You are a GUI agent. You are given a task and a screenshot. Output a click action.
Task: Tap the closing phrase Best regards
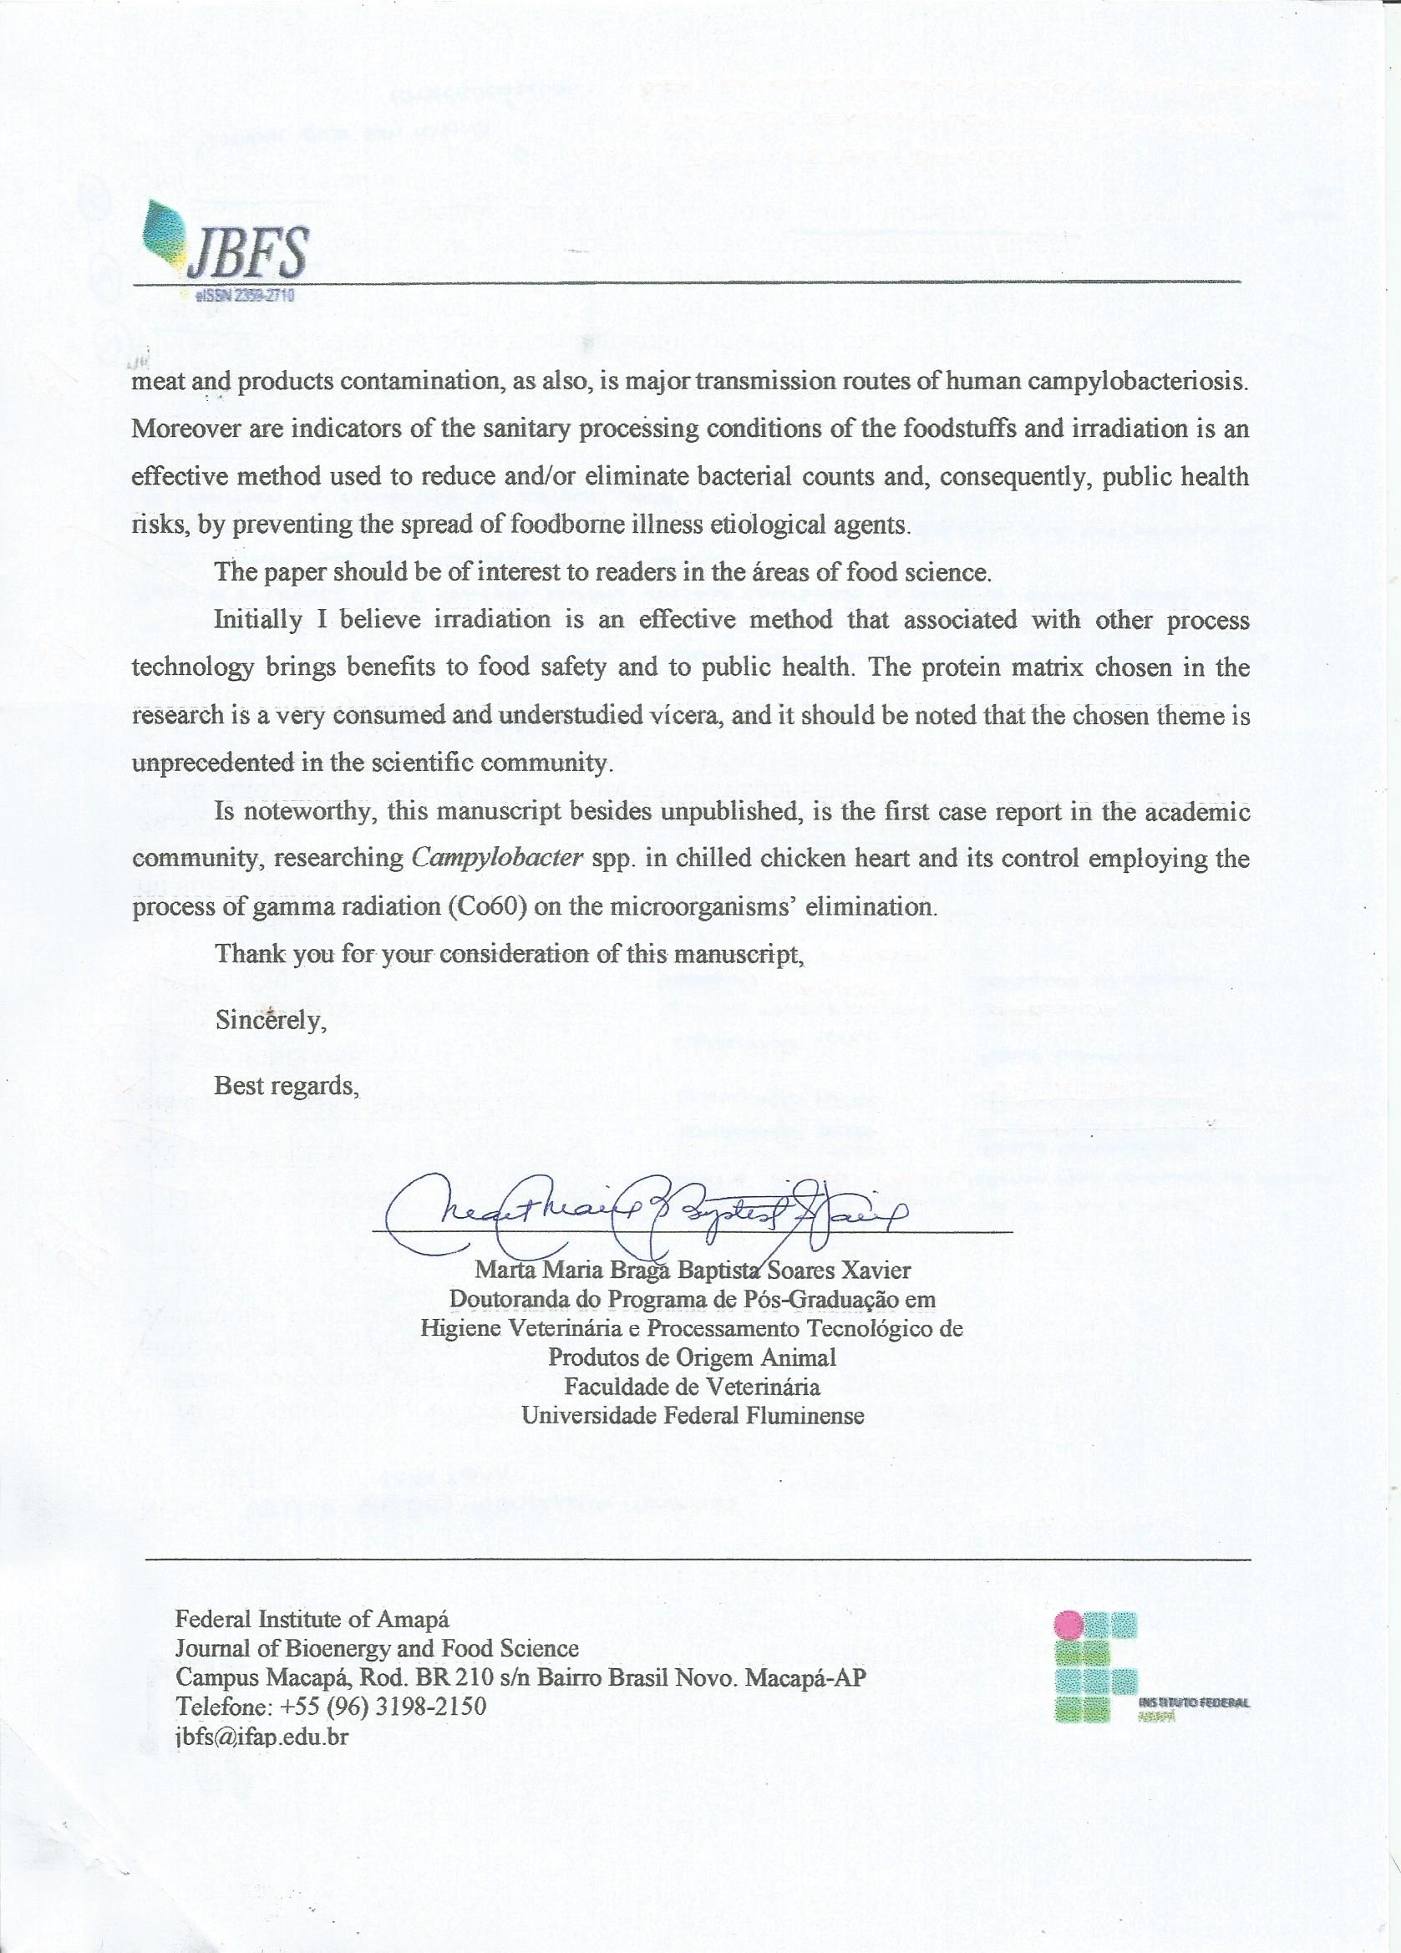click(x=286, y=1086)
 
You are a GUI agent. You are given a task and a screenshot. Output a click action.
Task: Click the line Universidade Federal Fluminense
click(x=693, y=1415)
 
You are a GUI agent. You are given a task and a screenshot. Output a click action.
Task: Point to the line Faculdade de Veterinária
click(x=692, y=1387)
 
